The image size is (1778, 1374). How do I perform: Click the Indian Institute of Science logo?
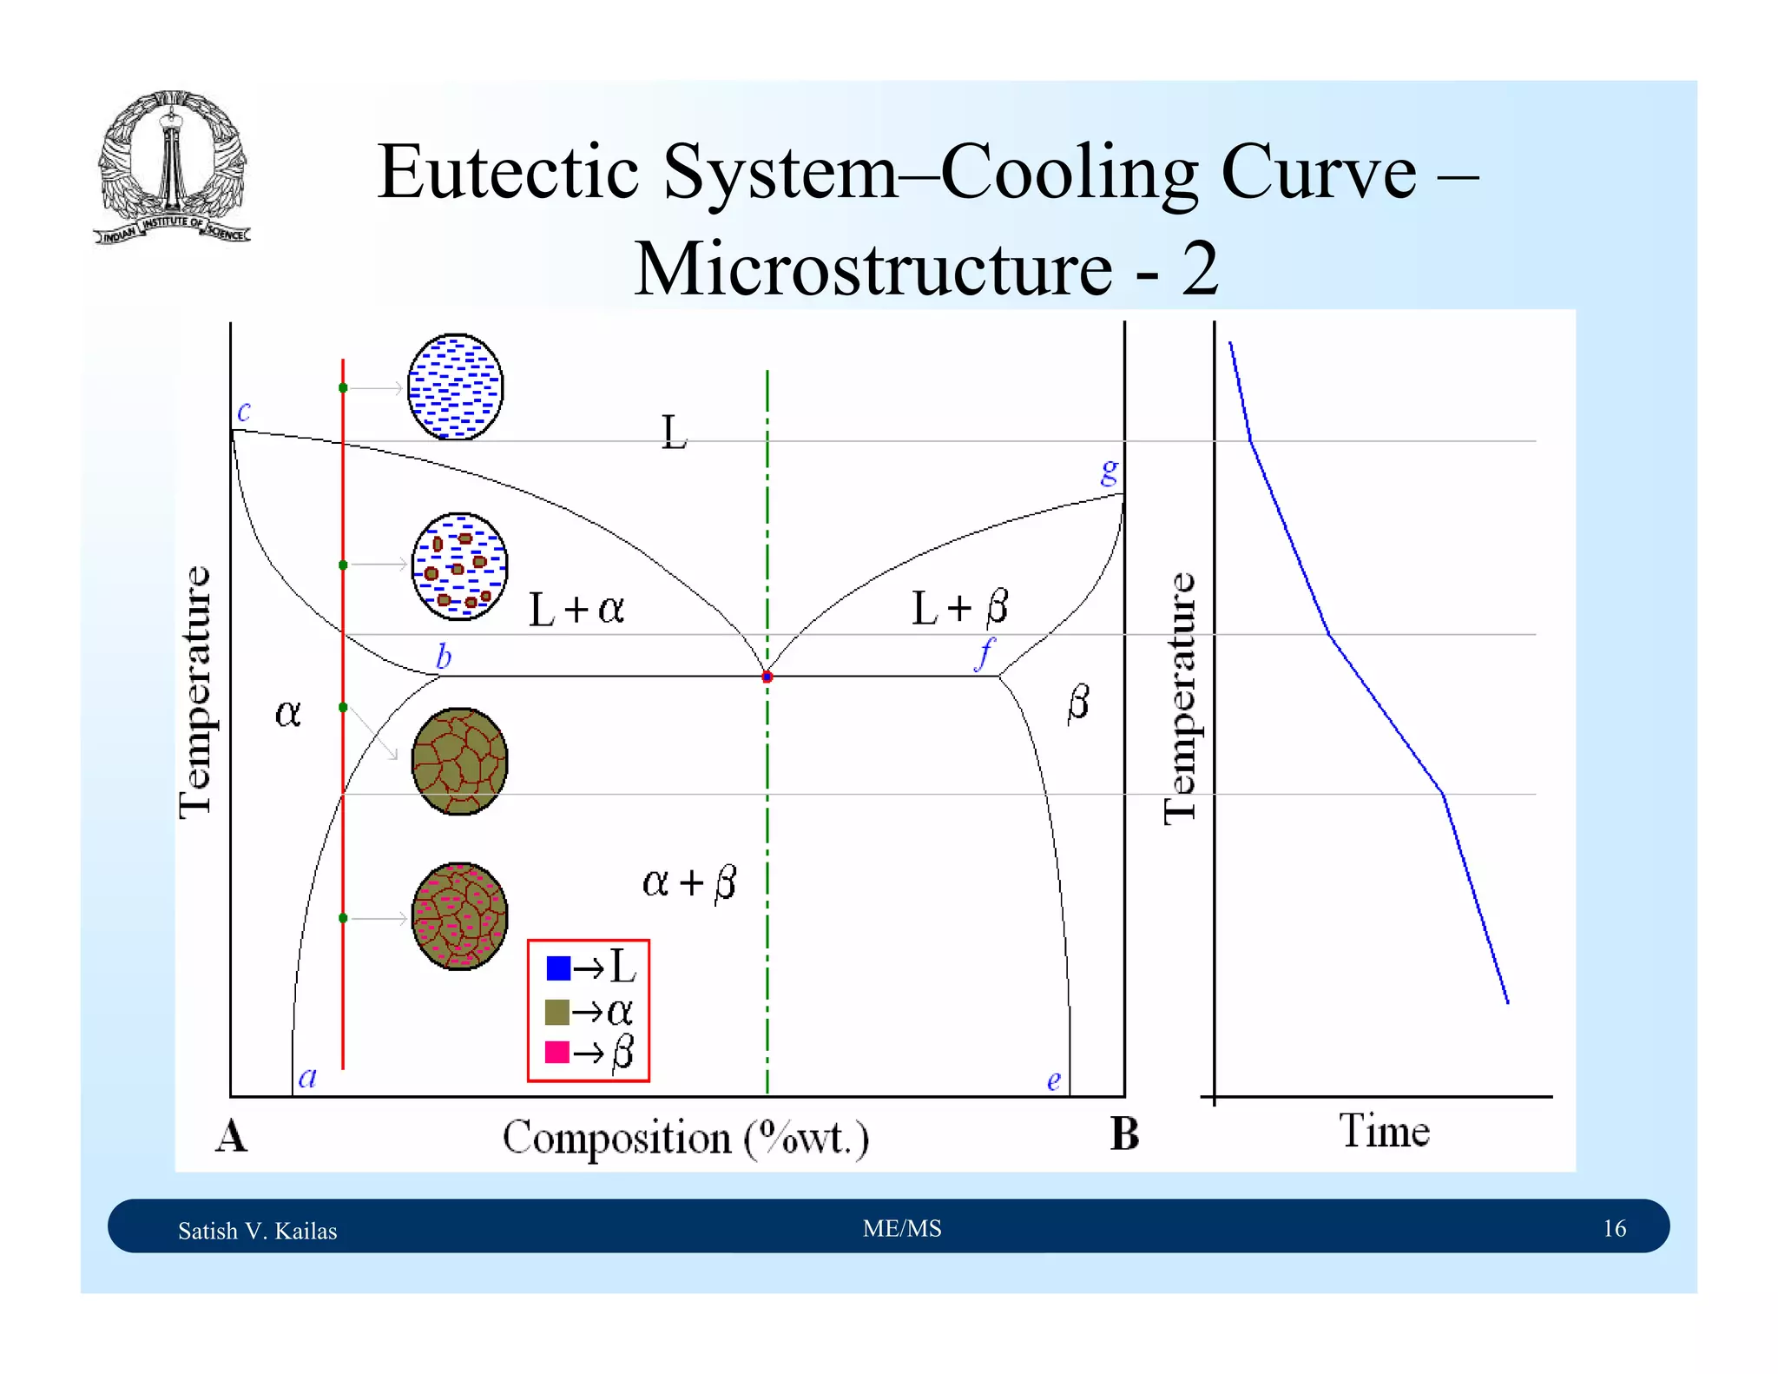(x=172, y=167)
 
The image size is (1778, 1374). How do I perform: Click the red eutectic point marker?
(x=767, y=677)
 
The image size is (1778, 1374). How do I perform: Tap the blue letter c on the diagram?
(x=244, y=411)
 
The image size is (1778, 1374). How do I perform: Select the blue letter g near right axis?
(x=1110, y=472)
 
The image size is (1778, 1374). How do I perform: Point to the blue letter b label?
(x=444, y=656)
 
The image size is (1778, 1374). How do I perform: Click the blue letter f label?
(x=984, y=653)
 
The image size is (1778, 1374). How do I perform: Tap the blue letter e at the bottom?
(x=1053, y=1080)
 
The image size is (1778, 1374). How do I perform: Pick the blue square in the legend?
(x=557, y=968)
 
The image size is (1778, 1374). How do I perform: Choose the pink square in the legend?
(x=557, y=1052)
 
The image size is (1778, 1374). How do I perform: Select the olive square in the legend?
(x=557, y=1011)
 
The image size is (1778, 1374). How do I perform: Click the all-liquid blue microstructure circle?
(x=455, y=386)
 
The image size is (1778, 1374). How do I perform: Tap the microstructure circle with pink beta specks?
(x=459, y=916)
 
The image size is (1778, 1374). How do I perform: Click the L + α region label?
(x=576, y=609)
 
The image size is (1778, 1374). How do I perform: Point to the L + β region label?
(x=959, y=607)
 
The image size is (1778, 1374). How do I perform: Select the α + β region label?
(x=689, y=882)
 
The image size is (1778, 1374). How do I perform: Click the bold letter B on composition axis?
(x=1124, y=1134)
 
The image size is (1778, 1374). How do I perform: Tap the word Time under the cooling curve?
(x=1384, y=1131)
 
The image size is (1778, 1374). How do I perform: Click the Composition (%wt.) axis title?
(x=685, y=1138)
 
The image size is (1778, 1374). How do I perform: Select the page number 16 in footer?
(x=1614, y=1228)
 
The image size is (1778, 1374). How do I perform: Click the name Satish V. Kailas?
(x=258, y=1231)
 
